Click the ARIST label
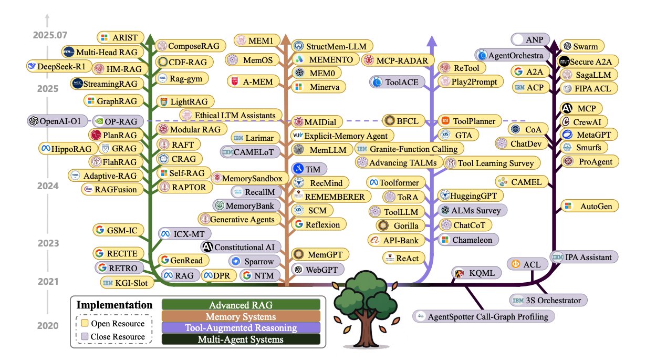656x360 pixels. pos(117,37)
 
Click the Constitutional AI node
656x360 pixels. pos(240,246)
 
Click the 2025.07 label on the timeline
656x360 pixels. pos(50,36)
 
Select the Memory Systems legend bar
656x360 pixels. pos(241,317)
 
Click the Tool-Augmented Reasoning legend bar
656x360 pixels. pos(241,328)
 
